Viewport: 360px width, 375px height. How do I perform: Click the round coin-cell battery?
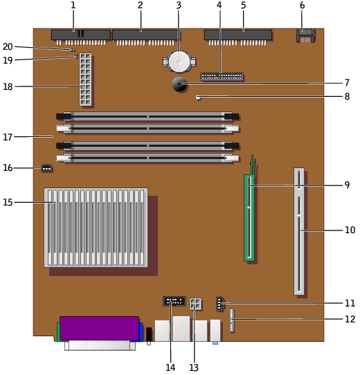(x=179, y=62)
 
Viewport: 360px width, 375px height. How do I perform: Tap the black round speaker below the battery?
(x=179, y=84)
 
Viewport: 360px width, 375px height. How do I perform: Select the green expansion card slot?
(x=249, y=218)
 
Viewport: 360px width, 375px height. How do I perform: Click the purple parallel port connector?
(x=99, y=328)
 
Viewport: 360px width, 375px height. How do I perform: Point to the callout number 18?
(x=8, y=86)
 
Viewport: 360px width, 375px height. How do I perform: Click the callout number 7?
(x=347, y=83)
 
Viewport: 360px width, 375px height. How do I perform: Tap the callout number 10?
(x=350, y=230)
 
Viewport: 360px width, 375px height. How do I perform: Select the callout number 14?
(x=170, y=367)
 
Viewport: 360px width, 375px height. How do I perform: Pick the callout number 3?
(x=179, y=6)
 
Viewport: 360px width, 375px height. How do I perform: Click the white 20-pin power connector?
(x=85, y=80)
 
